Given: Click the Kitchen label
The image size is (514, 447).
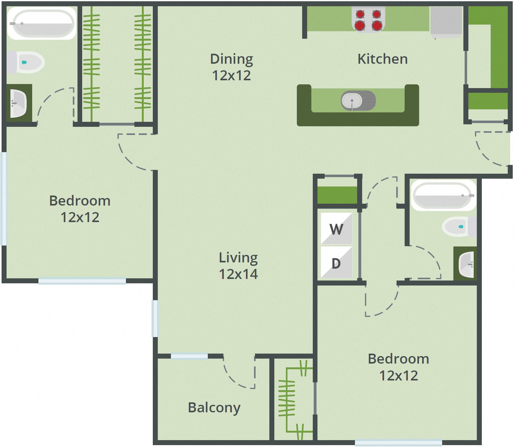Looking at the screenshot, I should [382, 59].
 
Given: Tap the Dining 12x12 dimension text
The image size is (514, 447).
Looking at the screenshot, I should [231, 76].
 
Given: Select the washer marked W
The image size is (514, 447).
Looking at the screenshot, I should [336, 229].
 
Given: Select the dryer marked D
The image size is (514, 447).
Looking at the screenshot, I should [336, 263].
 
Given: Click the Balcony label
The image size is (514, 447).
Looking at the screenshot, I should [214, 407].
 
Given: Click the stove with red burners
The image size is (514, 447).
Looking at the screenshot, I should [368, 20].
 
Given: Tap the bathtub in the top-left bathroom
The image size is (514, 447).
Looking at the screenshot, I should [42, 23].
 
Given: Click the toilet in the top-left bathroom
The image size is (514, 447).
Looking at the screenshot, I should [26, 62].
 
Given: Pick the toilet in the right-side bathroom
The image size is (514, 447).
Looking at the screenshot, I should [459, 226].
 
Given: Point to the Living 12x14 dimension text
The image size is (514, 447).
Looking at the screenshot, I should [238, 274].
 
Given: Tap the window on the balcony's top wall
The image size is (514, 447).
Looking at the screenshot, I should [189, 356].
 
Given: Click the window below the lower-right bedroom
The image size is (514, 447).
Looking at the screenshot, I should [398, 442].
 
